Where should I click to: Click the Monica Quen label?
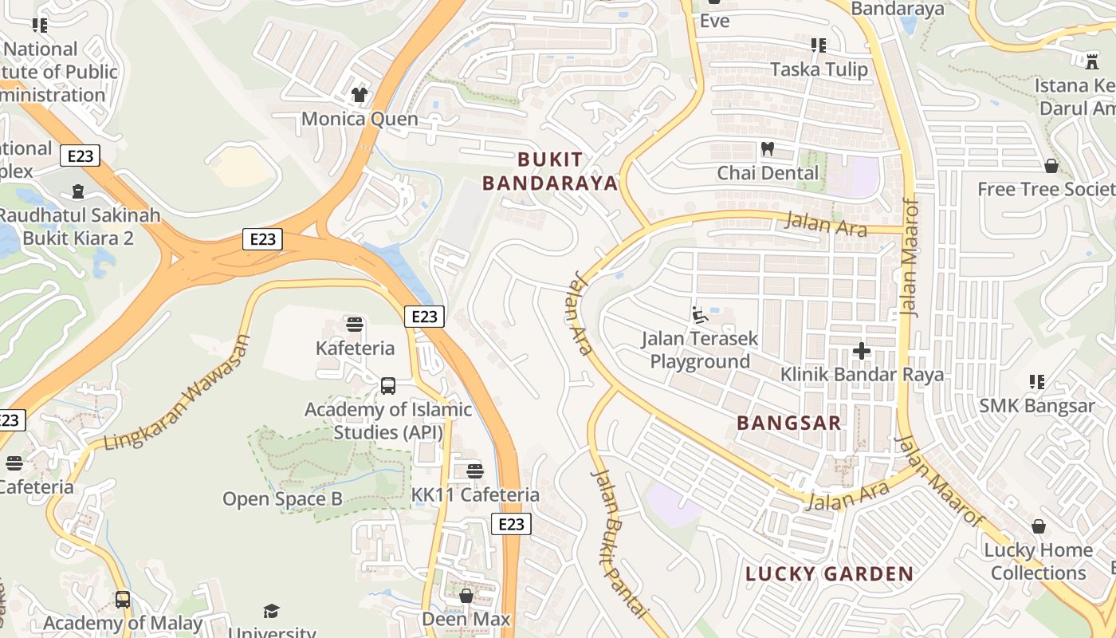point(360,119)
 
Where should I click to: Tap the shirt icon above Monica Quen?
point(360,95)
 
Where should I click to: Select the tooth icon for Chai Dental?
point(768,148)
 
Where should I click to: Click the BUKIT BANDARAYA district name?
point(550,171)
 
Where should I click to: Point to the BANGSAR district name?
point(789,423)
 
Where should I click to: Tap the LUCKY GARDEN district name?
point(829,574)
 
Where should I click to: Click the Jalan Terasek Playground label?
point(700,350)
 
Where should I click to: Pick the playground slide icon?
point(700,315)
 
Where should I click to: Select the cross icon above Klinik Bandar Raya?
point(861,350)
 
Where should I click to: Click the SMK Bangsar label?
point(1036,406)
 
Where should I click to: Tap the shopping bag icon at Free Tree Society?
point(1051,166)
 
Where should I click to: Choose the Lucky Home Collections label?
point(1038,561)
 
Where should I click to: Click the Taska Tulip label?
point(819,70)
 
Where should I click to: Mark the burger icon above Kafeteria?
point(355,325)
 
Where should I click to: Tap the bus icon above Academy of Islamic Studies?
point(388,386)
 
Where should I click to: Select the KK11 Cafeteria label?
point(475,495)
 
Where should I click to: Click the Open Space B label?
point(282,500)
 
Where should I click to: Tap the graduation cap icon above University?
point(272,611)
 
